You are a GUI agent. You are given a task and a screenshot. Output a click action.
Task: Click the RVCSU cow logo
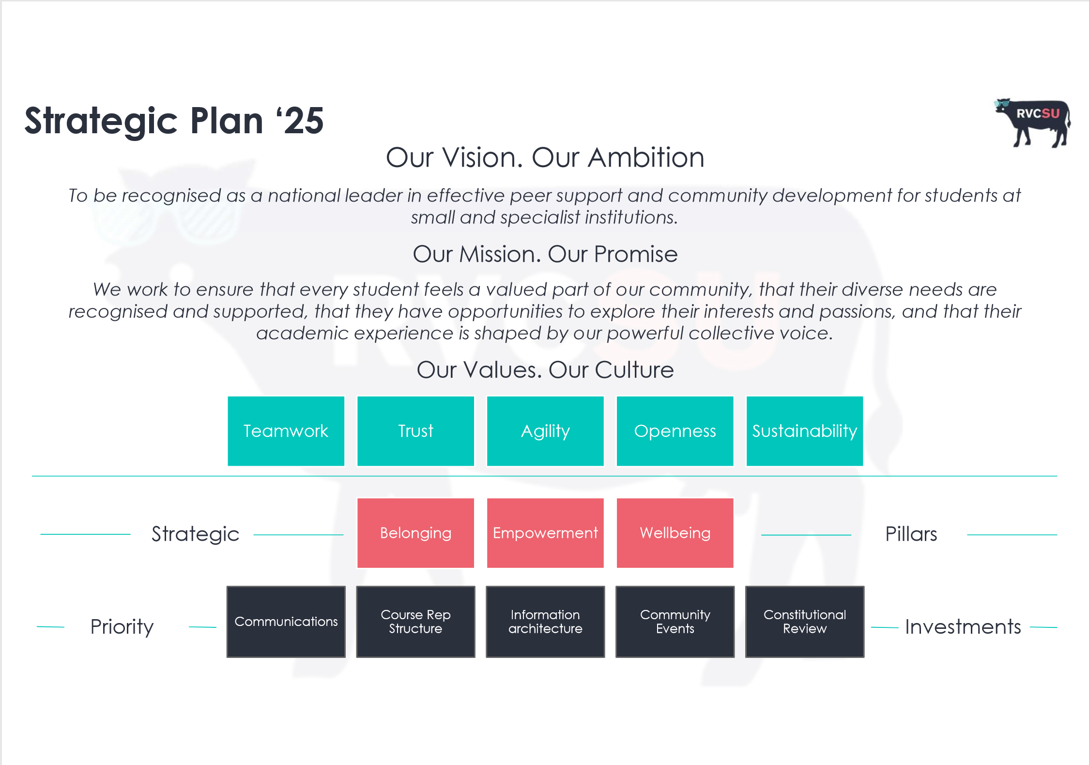pos(1032,123)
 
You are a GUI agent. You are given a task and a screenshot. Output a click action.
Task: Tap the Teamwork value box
pos(286,431)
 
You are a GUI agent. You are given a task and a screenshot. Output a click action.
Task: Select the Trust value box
pos(415,431)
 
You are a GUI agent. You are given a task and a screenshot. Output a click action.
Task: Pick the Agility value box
pos(545,431)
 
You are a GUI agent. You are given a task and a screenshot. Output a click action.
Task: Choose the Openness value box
pos(675,431)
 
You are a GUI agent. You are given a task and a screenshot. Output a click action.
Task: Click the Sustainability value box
pos(805,431)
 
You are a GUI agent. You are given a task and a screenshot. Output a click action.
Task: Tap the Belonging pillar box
pos(415,533)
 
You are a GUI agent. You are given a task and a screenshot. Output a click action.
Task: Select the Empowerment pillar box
pos(545,533)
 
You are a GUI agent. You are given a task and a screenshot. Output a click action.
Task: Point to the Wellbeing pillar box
pos(675,533)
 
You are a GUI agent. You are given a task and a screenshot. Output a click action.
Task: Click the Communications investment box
pos(286,622)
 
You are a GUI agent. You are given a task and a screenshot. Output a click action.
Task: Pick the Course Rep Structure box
pos(415,622)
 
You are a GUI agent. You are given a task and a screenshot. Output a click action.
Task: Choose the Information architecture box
pos(545,622)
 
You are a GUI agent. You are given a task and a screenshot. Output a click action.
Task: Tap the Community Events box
pos(675,622)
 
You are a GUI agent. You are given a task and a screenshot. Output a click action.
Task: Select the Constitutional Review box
pos(805,622)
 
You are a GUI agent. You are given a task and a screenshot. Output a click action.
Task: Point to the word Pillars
pos(911,534)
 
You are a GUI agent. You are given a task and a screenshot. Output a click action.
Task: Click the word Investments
pos(963,627)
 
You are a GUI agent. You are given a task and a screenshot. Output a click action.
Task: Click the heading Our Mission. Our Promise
pos(545,254)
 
